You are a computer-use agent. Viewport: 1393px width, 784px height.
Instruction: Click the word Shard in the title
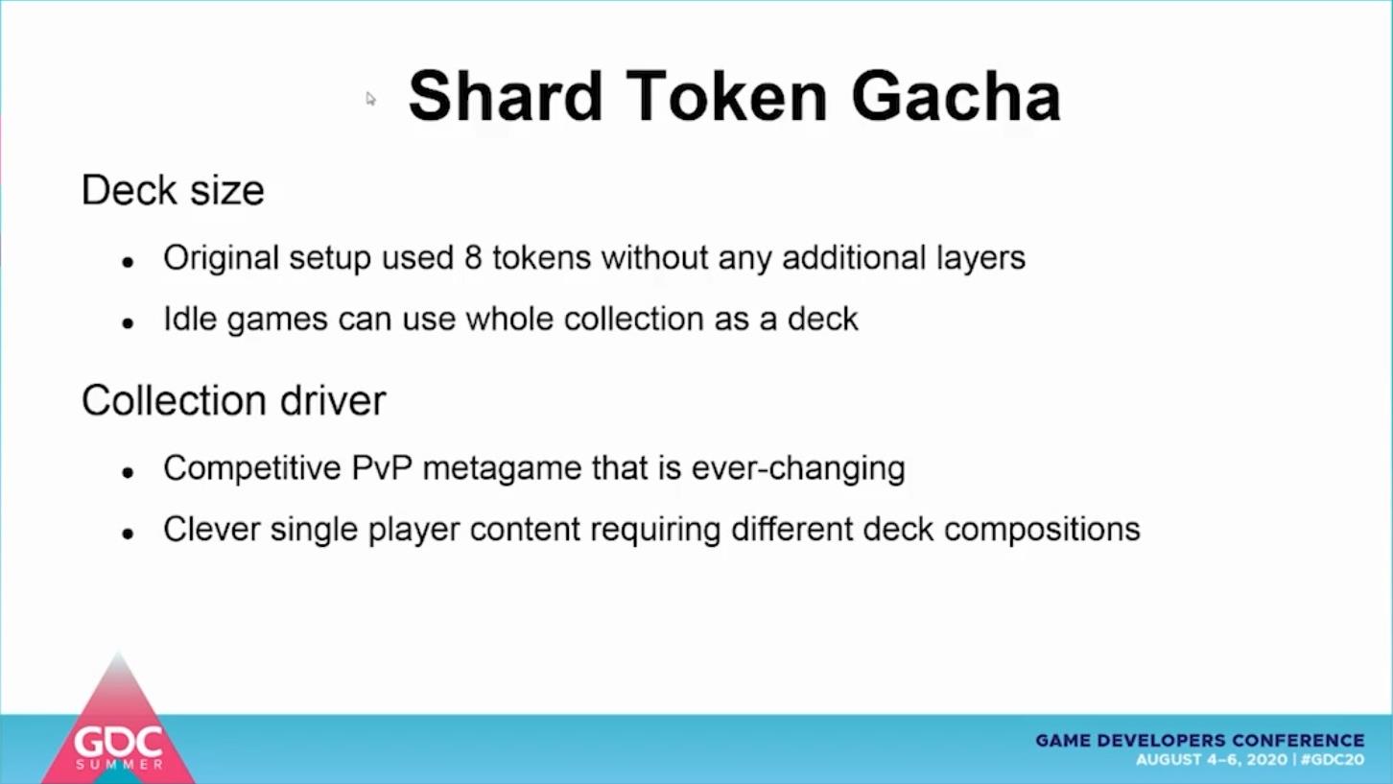click(x=505, y=97)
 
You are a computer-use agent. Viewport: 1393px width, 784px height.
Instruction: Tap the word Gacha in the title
click(x=956, y=97)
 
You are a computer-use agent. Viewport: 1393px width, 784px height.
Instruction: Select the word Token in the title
click(x=727, y=97)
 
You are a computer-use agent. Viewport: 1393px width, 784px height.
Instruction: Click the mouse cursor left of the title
click(x=370, y=98)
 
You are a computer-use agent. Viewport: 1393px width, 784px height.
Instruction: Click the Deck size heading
click(x=173, y=190)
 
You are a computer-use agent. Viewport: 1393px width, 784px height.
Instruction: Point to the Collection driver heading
click(x=234, y=400)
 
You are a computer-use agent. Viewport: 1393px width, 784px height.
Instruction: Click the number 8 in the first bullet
click(x=473, y=257)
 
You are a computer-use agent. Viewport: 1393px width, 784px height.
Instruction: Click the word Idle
click(x=190, y=319)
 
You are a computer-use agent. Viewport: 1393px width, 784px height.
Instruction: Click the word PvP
click(x=382, y=468)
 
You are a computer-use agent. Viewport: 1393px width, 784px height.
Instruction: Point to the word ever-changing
click(x=798, y=469)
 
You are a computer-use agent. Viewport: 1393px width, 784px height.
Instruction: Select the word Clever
click(x=211, y=529)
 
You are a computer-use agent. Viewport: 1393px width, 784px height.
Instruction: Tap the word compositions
click(x=1042, y=530)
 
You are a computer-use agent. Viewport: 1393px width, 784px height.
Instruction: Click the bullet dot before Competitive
click(x=129, y=473)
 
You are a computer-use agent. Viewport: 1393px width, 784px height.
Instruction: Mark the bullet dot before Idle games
click(x=129, y=323)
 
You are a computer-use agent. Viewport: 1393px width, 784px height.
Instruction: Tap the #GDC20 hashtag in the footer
click(x=1332, y=760)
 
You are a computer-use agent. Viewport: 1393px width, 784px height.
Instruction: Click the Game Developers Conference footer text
click(x=1200, y=741)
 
